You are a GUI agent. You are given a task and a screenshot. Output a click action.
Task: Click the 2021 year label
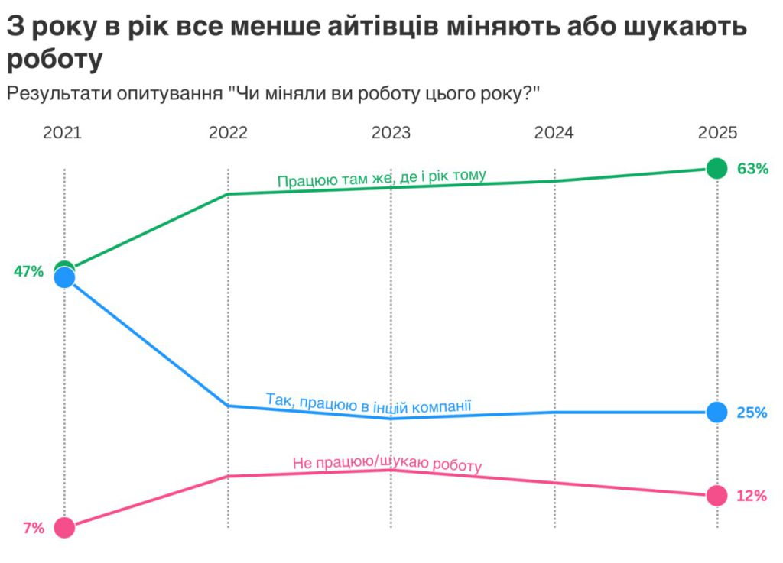[x=63, y=133]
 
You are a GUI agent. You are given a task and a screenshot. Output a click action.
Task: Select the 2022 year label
[x=228, y=133]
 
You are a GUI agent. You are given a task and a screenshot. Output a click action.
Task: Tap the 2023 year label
[x=391, y=133]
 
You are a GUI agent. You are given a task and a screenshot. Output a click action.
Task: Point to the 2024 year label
[x=554, y=133]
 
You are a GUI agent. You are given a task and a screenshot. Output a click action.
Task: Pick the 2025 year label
[x=717, y=133]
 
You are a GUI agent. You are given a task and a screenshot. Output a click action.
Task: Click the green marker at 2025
[x=716, y=168]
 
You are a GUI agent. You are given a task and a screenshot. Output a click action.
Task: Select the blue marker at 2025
[x=716, y=413]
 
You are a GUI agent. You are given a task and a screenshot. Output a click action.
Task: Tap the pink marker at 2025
[x=716, y=496]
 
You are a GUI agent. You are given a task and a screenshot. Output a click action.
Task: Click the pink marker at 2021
[x=65, y=528]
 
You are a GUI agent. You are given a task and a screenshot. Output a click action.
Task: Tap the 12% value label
[x=751, y=497]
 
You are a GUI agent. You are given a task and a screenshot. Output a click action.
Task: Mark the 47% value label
[x=28, y=271]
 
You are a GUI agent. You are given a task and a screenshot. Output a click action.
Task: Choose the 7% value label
[x=34, y=528]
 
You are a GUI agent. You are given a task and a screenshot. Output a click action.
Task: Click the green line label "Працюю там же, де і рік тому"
[x=382, y=179]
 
